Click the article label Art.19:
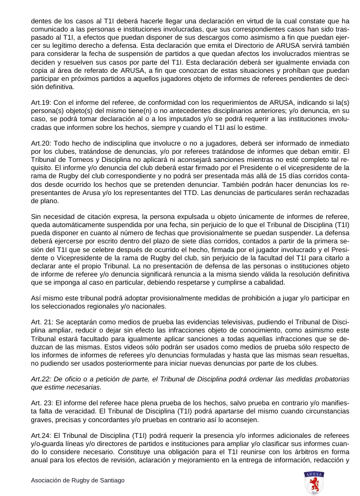[x=40, y=103]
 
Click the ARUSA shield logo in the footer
[x=314, y=482]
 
